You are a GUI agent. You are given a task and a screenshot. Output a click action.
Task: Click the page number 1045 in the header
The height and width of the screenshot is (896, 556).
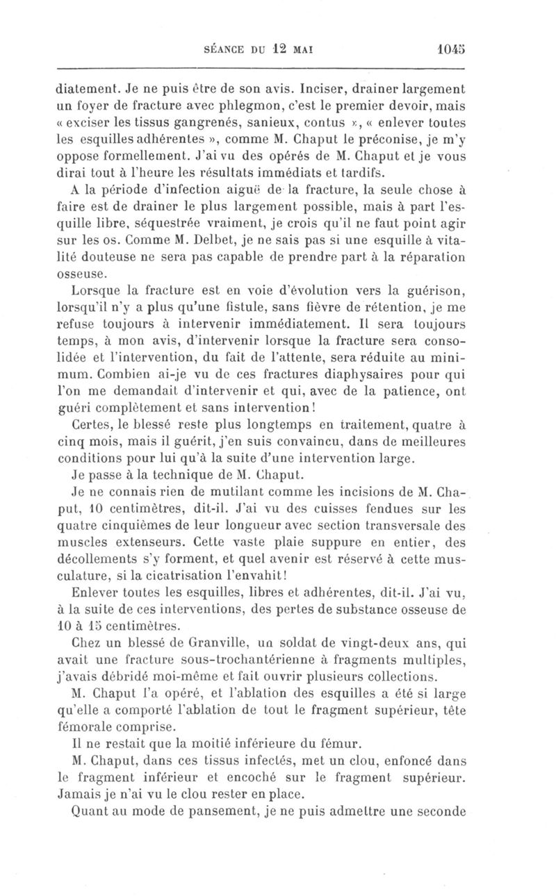451,50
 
